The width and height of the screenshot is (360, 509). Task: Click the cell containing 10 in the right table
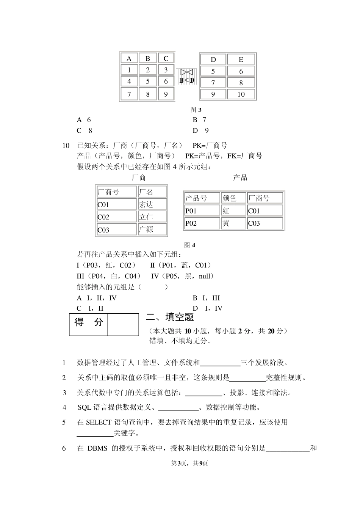click(x=241, y=94)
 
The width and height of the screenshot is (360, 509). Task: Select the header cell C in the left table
click(x=166, y=58)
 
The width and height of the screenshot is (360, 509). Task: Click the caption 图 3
click(x=196, y=110)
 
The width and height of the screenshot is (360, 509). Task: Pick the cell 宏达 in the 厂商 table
click(x=152, y=204)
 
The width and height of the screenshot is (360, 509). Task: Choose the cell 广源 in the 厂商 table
click(x=152, y=229)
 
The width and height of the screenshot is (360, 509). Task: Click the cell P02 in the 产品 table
click(x=202, y=223)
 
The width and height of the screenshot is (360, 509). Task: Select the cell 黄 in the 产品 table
click(x=233, y=223)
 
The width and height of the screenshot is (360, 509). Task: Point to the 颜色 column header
click(x=233, y=198)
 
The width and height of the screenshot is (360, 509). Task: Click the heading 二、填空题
click(x=170, y=317)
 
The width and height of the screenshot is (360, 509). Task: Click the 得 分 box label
click(x=89, y=322)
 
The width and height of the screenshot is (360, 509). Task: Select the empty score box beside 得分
click(x=123, y=324)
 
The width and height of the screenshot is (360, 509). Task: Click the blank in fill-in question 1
click(x=220, y=363)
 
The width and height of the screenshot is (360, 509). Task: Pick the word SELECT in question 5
click(x=99, y=422)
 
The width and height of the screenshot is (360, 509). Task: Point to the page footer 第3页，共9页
click(x=189, y=463)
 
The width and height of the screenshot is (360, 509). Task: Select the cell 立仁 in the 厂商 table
click(x=152, y=217)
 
